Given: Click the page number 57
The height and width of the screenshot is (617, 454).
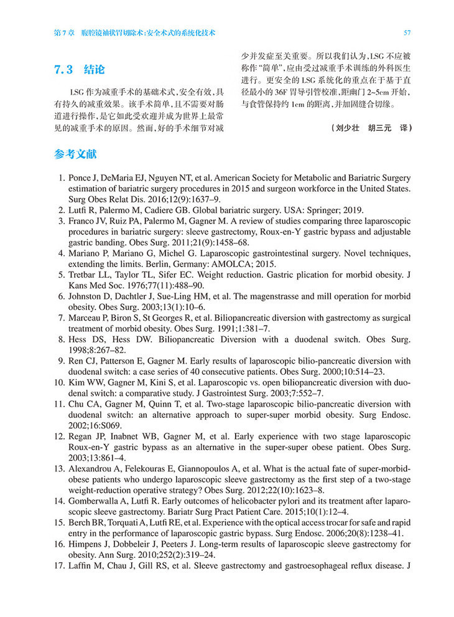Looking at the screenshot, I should click(406, 32).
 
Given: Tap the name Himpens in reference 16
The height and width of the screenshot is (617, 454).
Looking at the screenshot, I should click(87, 545).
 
